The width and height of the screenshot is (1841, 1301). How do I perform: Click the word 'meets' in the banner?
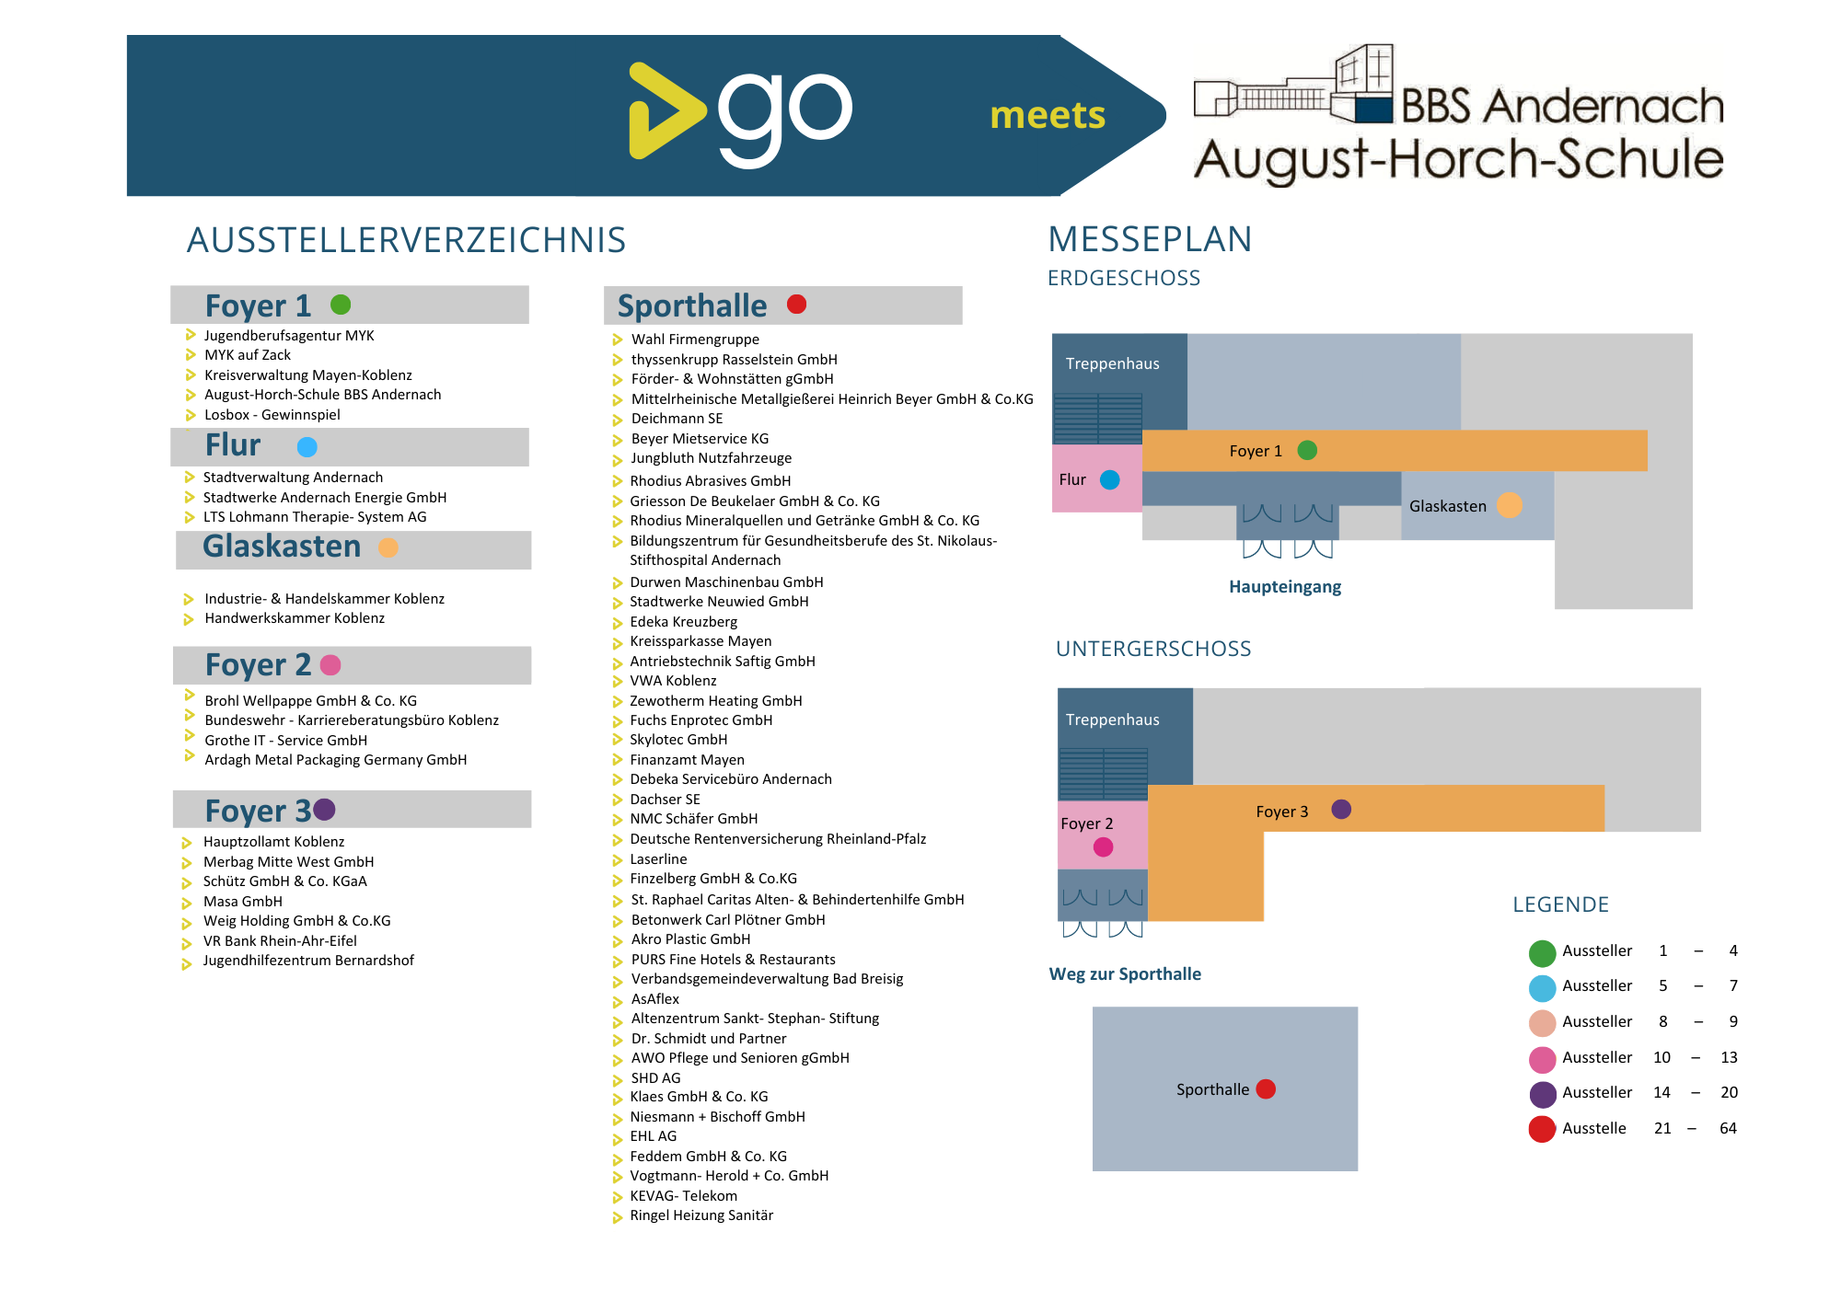[1048, 116]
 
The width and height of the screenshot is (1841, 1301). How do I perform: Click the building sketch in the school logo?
[1293, 84]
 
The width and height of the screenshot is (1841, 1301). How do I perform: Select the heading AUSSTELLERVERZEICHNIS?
[406, 240]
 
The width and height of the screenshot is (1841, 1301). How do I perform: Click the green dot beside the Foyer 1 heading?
[341, 305]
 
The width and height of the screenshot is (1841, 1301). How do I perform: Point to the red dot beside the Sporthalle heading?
[797, 305]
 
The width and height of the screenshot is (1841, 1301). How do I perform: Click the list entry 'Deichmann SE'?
[677, 419]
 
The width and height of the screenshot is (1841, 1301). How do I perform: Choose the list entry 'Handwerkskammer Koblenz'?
[295, 618]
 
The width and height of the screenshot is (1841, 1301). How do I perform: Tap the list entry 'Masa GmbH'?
[243, 902]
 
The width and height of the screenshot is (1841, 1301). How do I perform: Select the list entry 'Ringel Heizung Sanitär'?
[701, 1215]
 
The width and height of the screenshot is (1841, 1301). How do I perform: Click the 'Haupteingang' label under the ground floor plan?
[1285, 587]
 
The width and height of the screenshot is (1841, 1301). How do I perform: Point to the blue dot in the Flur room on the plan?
[1110, 479]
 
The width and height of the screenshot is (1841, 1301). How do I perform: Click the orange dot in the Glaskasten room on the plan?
[1510, 505]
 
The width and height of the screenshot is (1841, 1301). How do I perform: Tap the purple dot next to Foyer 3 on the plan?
[1341, 810]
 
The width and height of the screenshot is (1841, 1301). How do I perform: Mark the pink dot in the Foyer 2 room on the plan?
[1103, 847]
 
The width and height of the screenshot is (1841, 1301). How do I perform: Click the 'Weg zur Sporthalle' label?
[1125, 974]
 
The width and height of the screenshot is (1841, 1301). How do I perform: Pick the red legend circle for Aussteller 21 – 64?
[1542, 1129]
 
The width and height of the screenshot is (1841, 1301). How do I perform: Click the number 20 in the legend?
[1730, 1093]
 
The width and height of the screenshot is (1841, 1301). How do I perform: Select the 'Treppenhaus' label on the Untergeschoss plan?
[1113, 720]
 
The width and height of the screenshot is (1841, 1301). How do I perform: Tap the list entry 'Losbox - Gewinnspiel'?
[272, 415]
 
